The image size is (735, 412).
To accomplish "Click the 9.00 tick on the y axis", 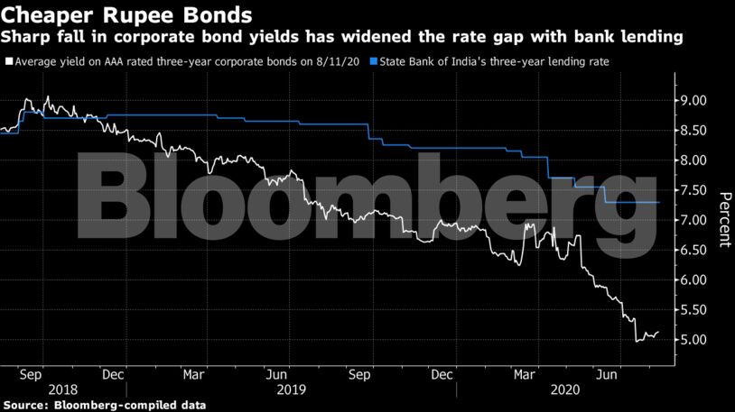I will pyautogui.click(x=694, y=101).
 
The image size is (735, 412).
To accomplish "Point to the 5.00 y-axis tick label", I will pyautogui.click(x=694, y=340).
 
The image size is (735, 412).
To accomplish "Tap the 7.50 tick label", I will pyautogui.click(x=694, y=190).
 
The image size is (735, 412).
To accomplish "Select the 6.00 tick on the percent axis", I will pyautogui.click(x=694, y=280).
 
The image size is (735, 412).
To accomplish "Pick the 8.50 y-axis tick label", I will pyautogui.click(x=694, y=131).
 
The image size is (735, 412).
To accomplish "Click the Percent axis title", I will pyautogui.click(x=723, y=220).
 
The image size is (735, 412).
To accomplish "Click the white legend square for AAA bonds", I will pyautogui.click(x=7, y=62).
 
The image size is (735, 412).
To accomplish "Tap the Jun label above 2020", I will pyautogui.click(x=613, y=371).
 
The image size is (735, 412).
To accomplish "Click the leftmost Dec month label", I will pyautogui.click(x=114, y=371).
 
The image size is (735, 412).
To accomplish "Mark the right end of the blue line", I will pyautogui.click(x=659, y=203).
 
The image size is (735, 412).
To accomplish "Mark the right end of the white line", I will pyautogui.click(x=659, y=332).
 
